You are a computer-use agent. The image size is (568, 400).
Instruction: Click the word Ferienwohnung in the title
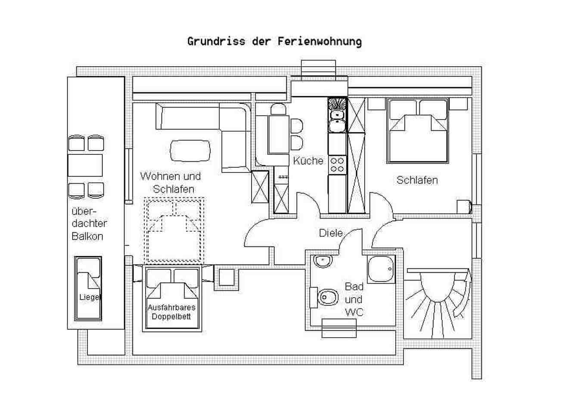point(320,42)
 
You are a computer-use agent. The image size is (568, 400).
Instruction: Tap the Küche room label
point(308,160)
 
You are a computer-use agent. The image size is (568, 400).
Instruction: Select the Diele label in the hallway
point(331,233)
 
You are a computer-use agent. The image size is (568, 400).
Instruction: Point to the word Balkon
point(87,237)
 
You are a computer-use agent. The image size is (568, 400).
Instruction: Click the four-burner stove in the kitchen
point(337,165)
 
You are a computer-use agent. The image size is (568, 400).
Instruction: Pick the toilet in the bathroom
point(325,297)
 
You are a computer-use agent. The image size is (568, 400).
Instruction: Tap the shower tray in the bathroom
point(381,269)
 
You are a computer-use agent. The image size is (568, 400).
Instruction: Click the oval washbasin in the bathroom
point(323,261)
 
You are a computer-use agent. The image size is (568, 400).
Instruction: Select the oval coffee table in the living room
point(190,151)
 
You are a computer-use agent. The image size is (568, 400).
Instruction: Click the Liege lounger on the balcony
point(88,289)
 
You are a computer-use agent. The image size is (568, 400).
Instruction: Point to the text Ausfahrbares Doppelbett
point(172,312)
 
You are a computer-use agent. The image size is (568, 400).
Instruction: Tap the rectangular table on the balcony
point(85,166)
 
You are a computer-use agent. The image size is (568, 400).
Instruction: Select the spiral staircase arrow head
point(467,275)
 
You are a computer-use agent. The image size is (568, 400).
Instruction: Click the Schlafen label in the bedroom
point(417,180)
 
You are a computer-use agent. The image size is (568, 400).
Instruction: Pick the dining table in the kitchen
point(279,134)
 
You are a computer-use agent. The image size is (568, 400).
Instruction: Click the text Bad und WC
point(354,299)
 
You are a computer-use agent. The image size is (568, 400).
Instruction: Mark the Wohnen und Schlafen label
point(171,183)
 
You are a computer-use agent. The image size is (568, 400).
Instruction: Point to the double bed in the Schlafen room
point(418,131)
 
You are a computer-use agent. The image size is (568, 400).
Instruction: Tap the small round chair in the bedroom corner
point(465,207)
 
